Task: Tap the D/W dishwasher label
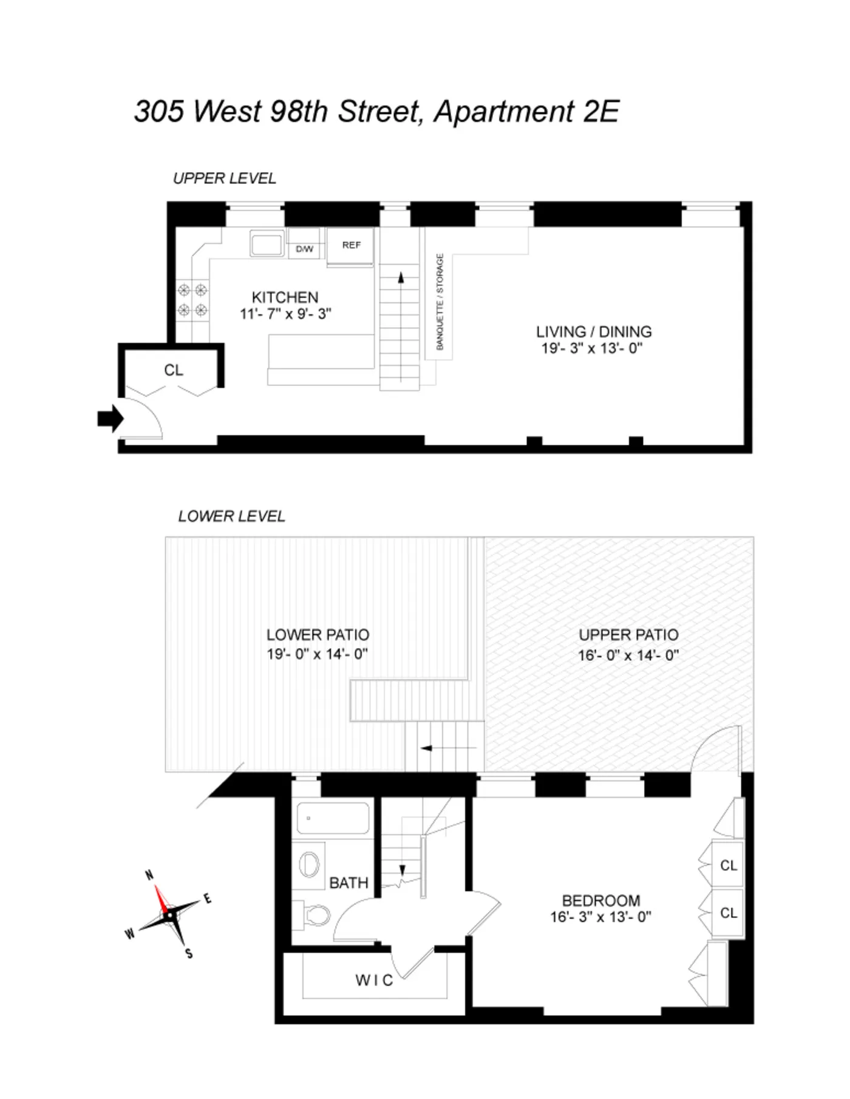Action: [304, 249]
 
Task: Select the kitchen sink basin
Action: [267, 245]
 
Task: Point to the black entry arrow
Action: [110, 418]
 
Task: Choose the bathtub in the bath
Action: [333, 819]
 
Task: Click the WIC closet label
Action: [374, 980]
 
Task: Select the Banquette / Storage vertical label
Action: [440, 302]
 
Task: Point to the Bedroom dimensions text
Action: [600, 917]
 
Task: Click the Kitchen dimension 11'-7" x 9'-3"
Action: [285, 314]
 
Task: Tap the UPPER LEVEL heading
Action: [224, 178]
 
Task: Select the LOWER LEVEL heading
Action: [231, 516]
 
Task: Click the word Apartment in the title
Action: [503, 112]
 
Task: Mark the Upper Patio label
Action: [628, 635]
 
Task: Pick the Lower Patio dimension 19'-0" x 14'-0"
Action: [317, 654]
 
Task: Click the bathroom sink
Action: [311, 863]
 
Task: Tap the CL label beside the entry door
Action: [174, 370]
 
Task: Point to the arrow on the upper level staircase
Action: [401, 279]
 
